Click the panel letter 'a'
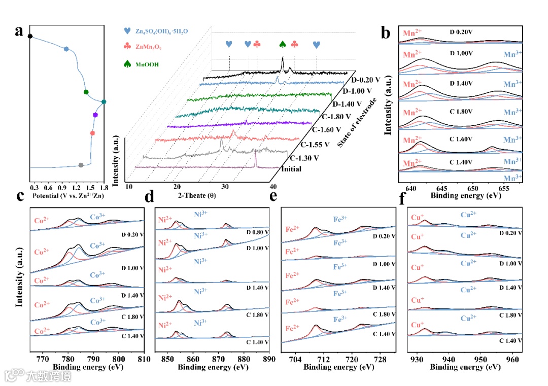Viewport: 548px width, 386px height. point(19,31)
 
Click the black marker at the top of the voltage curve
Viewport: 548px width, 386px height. point(30,36)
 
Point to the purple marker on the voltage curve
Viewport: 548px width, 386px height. point(95,115)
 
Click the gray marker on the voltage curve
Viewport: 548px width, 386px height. point(81,165)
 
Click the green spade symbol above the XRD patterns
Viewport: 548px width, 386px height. point(283,44)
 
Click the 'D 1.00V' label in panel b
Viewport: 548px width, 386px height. point(461,53)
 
